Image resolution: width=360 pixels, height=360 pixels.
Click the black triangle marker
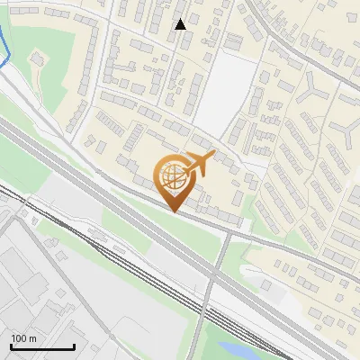pyautogui.click(x=180, y=24)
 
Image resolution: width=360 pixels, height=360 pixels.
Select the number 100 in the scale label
pyautogui.click(x=19, y=338)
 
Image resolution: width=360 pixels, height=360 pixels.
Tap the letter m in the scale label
pyautogui.click(x=32, y=338)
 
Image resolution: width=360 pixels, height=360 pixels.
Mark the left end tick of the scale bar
pyautogui.click(x=11, y=345)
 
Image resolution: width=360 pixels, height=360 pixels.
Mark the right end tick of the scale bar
pyautogui.click(x=74, y=345)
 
